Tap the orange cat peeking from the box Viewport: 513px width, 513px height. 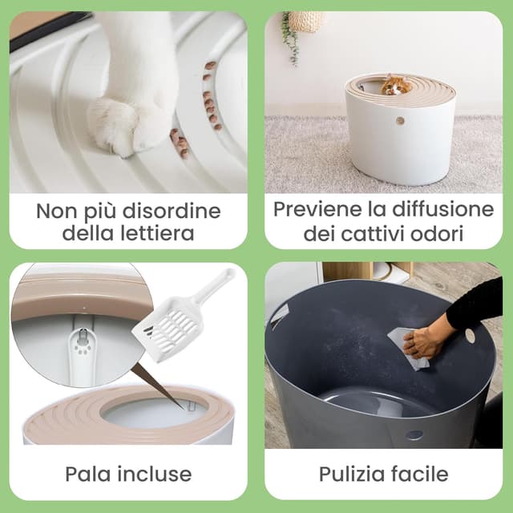pos(394,84)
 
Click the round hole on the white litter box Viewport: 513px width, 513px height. pos(399,121)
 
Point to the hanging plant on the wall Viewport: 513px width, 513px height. pos(290,36)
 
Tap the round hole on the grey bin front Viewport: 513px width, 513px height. pos(415,435)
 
